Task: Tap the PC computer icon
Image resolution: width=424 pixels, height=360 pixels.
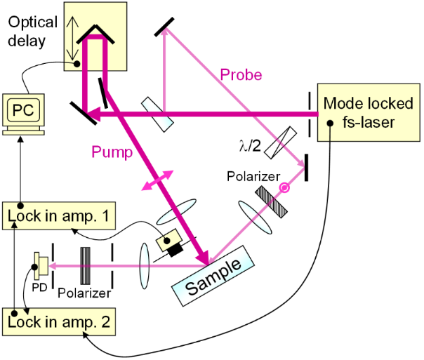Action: [x=22, y=113]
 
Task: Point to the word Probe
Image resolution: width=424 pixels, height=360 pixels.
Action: [x=240, y=74]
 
